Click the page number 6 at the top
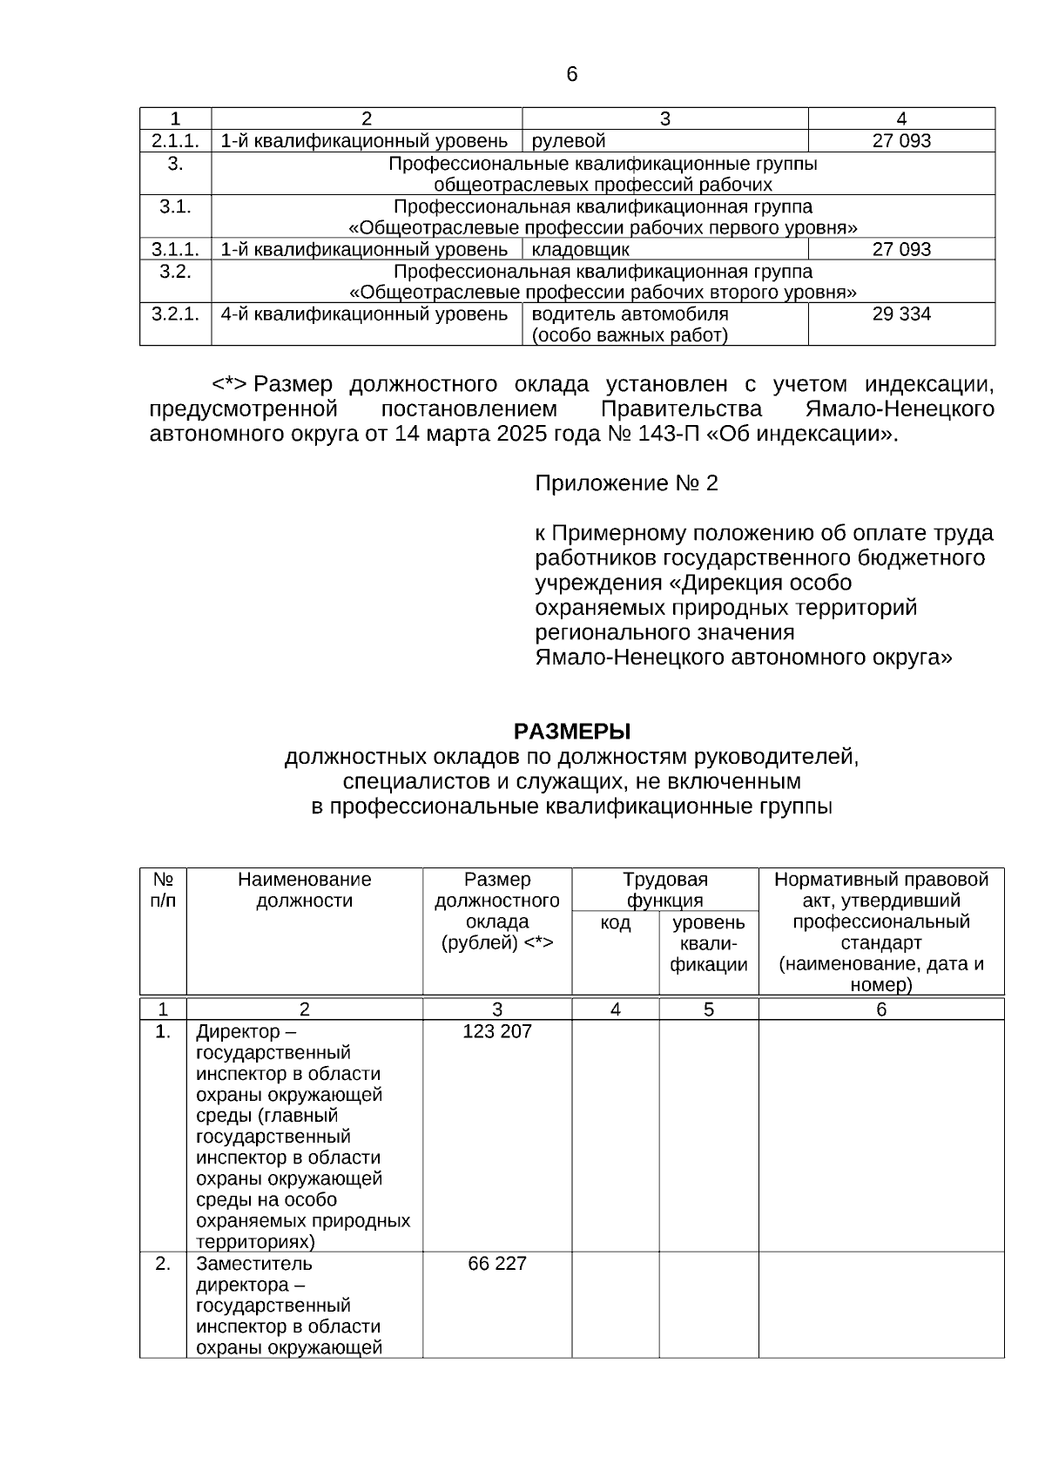[571, 75]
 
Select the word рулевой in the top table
[568, 141]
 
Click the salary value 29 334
[901, 314]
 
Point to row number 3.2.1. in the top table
[175, 314]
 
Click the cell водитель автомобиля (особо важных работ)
[630, 325]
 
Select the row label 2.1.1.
[175, 141]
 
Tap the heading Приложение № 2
[626, 483]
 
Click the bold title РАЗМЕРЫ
[571, 731]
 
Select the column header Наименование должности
[304, 890]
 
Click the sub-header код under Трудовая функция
[615, 923]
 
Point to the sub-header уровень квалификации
[708, 943]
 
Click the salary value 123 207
[496, 1032]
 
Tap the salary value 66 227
[496, 1264]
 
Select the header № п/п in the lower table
[163, 890]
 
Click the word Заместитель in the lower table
[253, 1264]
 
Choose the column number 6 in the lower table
[880, 1009]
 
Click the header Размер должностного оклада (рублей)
[496, 911]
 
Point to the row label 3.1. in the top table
[175, 207]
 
